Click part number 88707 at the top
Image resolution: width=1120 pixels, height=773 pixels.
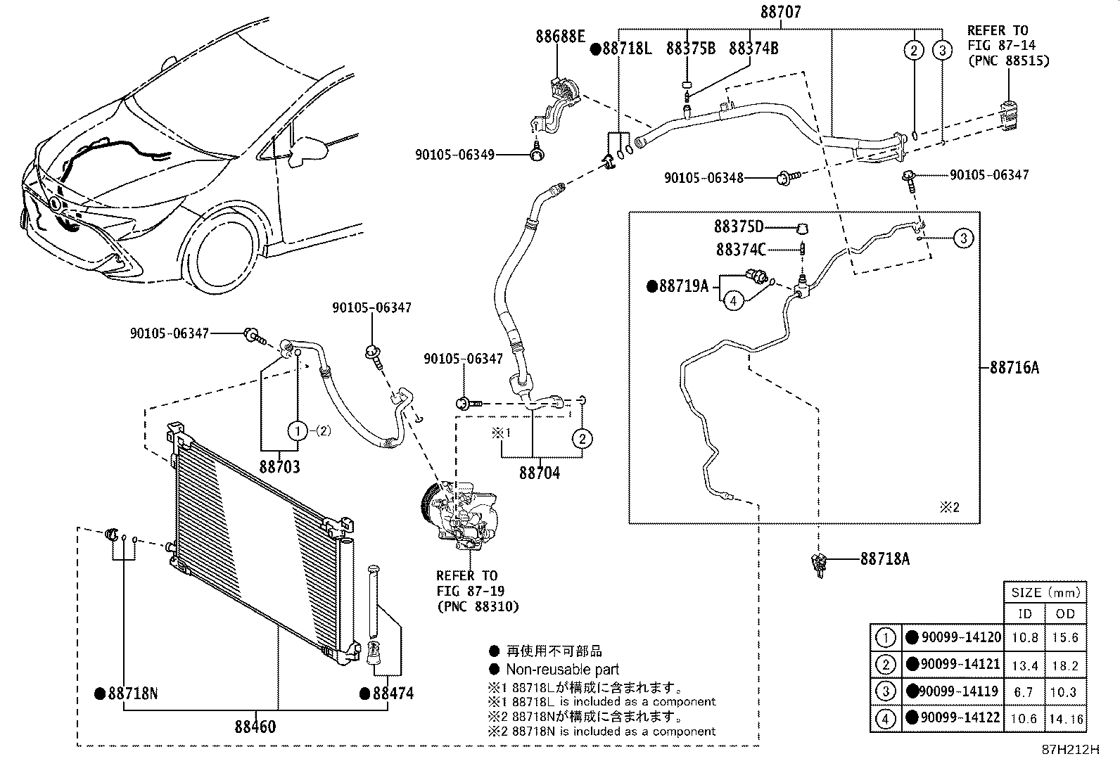pyautogui.click(x=780, y=12)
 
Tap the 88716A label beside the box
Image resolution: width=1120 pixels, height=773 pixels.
pyautogui.click(x=1014, y=366)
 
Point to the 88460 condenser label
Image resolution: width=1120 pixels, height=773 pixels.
pyautogui.click(x=255, y=727)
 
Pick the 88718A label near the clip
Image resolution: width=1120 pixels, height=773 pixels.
pyautogui.click(x=884, y=558)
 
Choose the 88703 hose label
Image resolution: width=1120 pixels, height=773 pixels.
pyautogui.click(x=279, y=466)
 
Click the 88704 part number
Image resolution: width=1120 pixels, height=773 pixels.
pyautogui.click(x=540, y=473)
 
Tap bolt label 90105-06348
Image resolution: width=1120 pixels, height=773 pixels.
pyautogui.click(x=704, y=179)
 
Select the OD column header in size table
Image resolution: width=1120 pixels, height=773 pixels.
pyautogui.click(x=1065, y=613)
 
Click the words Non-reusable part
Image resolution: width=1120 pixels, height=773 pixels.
pyautogui.click(x=562, y=670)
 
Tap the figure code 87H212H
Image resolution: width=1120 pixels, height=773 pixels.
pyautogui.click(x=1069, y=750)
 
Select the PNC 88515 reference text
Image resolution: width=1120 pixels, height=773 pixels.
pyautogui.click(x=1007, y=60)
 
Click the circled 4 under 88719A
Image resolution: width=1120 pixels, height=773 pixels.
pyautogui.click(x=733, y=301)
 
